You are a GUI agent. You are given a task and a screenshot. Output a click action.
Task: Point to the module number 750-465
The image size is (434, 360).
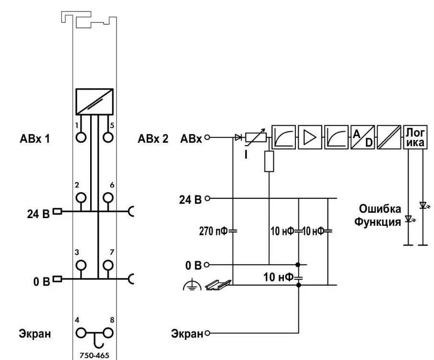coord(94,356)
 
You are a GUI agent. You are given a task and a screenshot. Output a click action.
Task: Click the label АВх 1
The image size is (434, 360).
coord(36,140)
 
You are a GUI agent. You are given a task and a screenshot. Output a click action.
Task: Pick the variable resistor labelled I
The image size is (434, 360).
coord(256,138)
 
